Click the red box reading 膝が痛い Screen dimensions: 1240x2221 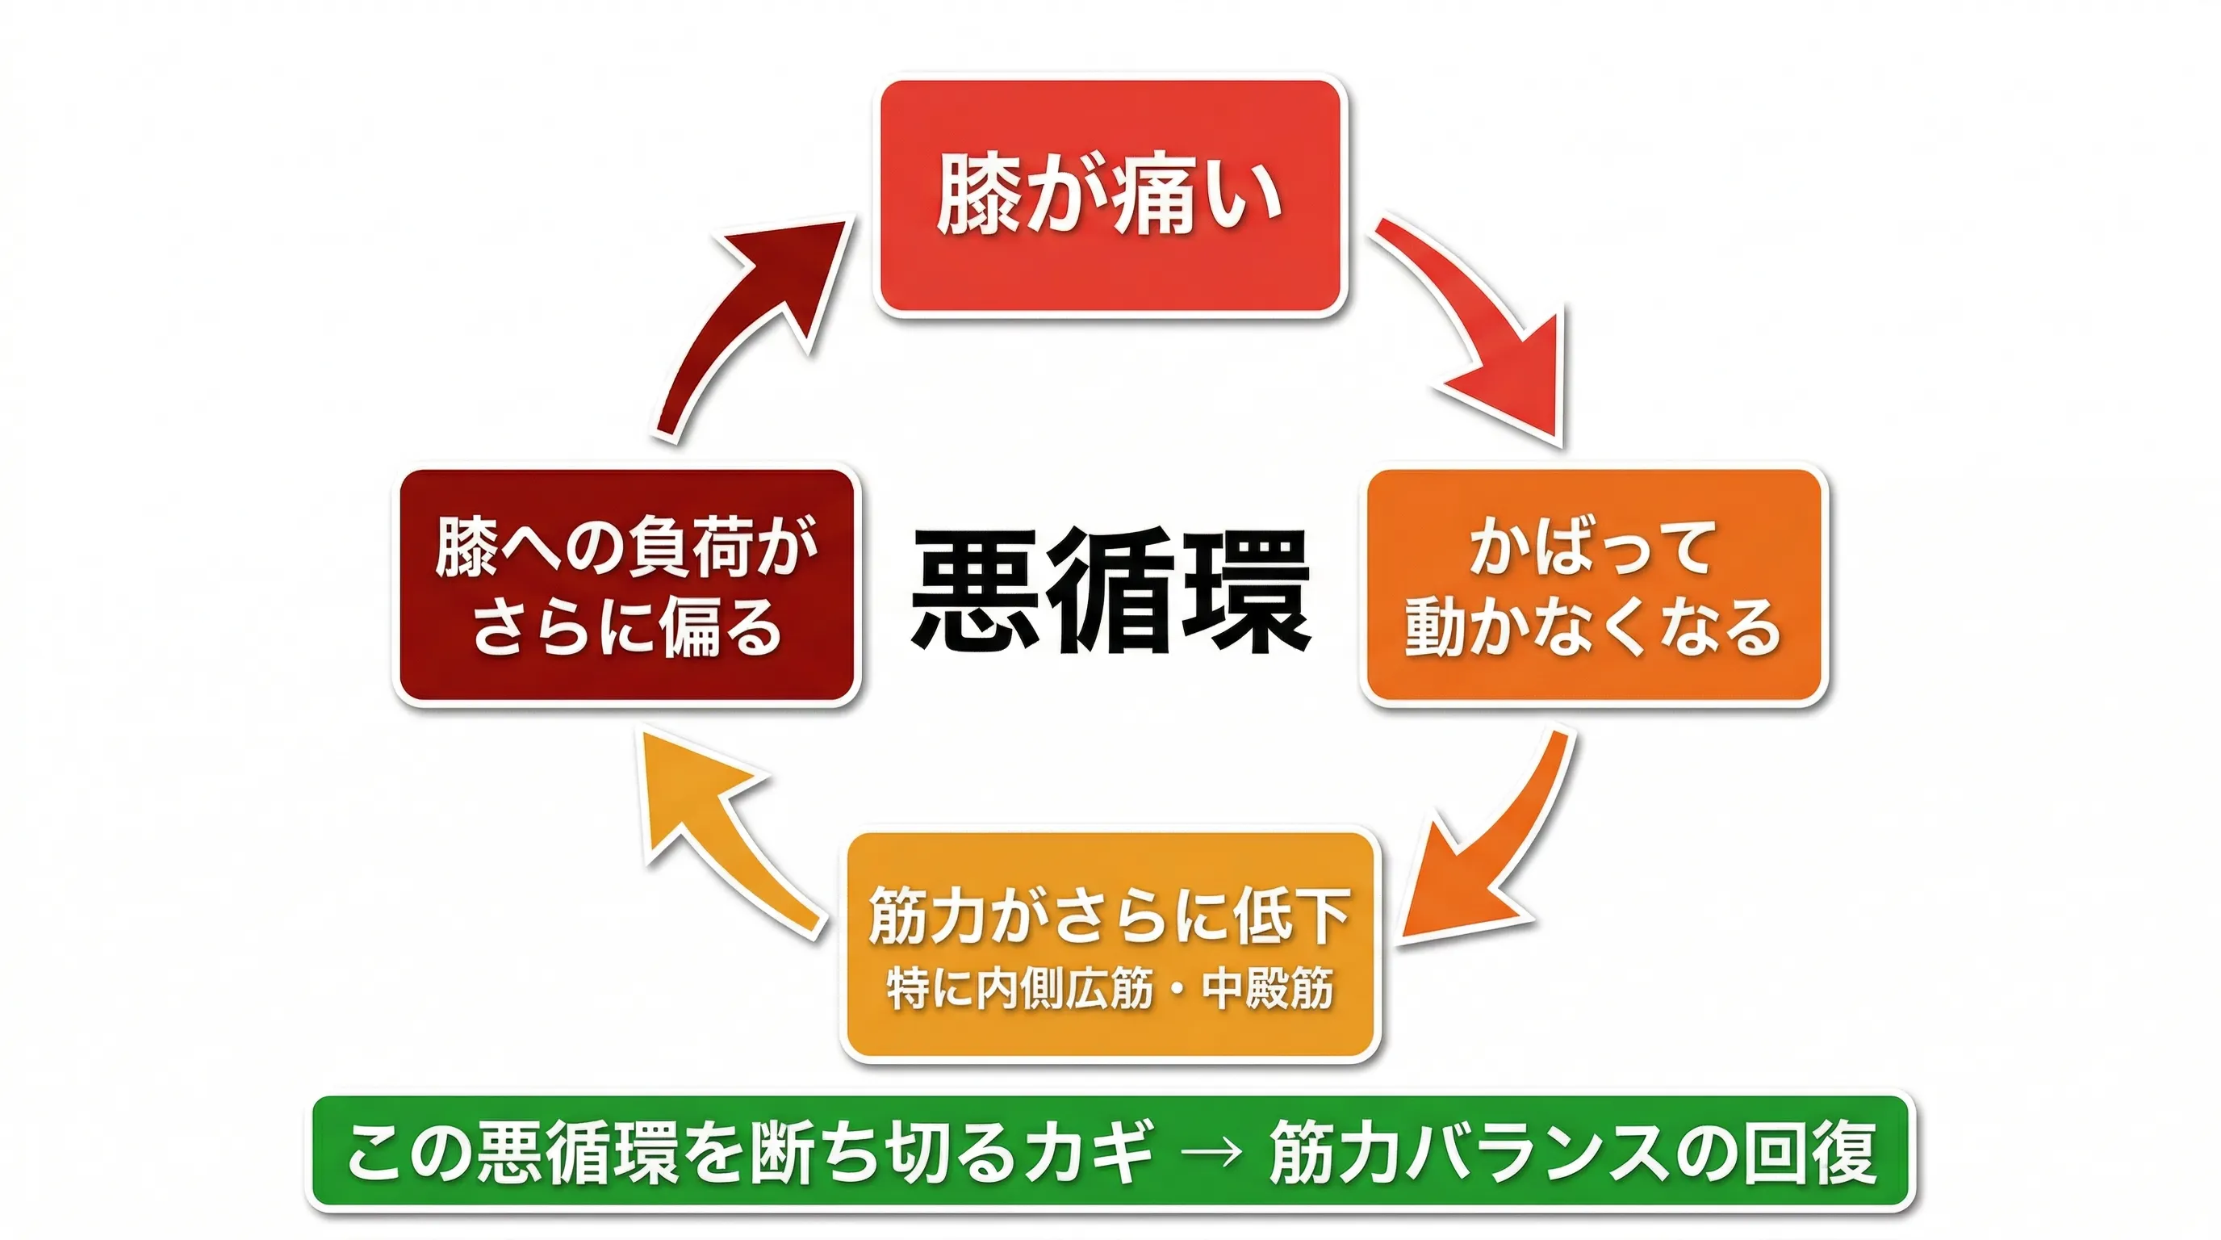(1110, 197)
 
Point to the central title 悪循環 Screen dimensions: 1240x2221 (1110, 591)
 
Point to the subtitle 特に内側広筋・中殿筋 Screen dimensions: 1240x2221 (1110, 989)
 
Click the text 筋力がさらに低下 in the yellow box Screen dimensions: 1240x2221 (1110, 915)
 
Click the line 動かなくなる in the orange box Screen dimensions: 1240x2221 (1593, 627)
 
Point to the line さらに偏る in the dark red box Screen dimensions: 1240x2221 (627, 627)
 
